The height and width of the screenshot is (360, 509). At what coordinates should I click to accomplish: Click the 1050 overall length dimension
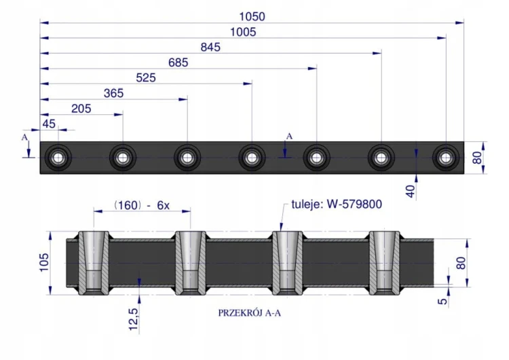pyautogui.click(x=252, y=16)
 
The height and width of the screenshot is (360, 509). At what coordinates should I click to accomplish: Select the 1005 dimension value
pyautogui.click(x=243, y=32)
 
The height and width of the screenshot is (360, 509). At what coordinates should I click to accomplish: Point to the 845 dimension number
pyautogui.click(x=210, y=47)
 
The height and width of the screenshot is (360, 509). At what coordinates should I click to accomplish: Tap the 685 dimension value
pyautogui.click(x=178, y=62)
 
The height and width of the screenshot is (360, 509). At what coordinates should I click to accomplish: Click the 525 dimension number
pyautogui.click(x=146, y=77)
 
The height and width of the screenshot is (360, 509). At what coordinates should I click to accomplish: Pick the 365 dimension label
pyautogui.click(x=113, y=93)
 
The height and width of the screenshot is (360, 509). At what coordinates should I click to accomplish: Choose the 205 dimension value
pyautogui.click(x=81, y=109)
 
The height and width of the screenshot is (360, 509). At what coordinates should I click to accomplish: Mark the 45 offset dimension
pyautogui.click(x=49, y=124)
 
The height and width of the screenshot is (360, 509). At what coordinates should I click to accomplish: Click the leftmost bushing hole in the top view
pyautogui.click(x=58, y=158)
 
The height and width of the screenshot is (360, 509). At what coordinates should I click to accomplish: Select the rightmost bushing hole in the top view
pyautogui.click(x=446, y=158)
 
